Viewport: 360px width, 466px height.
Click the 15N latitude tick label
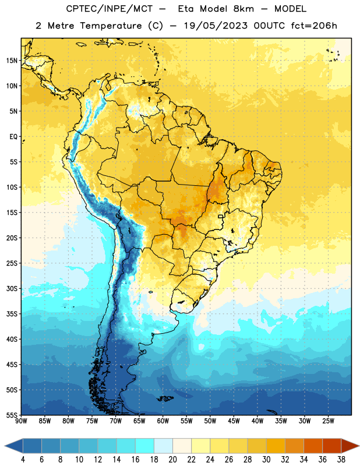12,61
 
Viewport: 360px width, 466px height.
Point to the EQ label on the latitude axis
13,137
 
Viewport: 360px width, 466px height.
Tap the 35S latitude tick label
12,314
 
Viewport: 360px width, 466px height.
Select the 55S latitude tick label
12,415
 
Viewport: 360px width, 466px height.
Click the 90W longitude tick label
21,421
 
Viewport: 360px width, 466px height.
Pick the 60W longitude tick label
163,421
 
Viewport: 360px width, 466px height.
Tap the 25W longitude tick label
328,421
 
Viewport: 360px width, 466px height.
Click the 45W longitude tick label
234,421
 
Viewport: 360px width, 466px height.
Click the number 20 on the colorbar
172,460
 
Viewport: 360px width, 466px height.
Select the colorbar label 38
341,460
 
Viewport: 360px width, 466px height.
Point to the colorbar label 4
23,460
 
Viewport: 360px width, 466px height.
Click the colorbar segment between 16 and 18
144,446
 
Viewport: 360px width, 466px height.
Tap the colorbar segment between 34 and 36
313,446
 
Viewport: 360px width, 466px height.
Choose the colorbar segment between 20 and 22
182,446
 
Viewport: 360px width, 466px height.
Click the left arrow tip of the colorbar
5,446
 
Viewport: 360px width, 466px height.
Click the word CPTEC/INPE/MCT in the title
110,9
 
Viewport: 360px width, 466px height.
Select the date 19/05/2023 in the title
216,26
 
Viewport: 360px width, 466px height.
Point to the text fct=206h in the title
314,26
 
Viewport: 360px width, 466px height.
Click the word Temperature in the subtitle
111,26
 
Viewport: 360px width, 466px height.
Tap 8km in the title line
243,9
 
